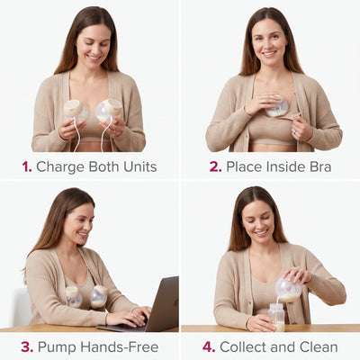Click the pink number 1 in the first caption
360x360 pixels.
(26, 166)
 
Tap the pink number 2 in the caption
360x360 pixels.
(215, 166)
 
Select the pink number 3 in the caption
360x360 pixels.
(27, 347)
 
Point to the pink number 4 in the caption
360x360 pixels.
(209, 347)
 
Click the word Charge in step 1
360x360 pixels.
(60, 167)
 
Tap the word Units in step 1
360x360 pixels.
(140, 166)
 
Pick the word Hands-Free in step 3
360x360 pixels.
(120, 347)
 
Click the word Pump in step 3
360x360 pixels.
(58, 347)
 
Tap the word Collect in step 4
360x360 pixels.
(243, 347)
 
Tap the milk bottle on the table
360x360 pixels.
(276, 317)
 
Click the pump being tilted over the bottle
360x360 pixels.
(288, 290)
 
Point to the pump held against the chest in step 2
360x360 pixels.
(277, 106)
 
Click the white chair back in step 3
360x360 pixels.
(21, 307)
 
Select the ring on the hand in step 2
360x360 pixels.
(294, 131)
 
